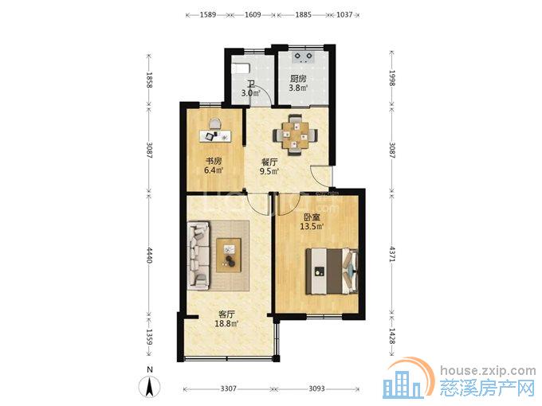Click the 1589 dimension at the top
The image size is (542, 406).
click(x=208, y=14)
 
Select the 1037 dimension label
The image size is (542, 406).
click(x=344, y=14)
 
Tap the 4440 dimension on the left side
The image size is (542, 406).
click(x=149, y=255)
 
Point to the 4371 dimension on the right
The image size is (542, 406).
click(x=392, y=254)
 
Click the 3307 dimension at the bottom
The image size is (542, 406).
click(x=229, y=388)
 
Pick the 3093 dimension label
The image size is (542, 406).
click(x=316, y=388)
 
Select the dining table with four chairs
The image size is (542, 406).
click(x=295, y=135)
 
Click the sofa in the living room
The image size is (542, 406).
click(x=198, y=256)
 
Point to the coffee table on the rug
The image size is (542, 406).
click(x=229, y=256)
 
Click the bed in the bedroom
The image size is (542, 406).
click(x=332, y=271)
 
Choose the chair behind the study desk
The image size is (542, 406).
click(x=214, y=123)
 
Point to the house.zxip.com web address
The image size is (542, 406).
click(x=488, y=371)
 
